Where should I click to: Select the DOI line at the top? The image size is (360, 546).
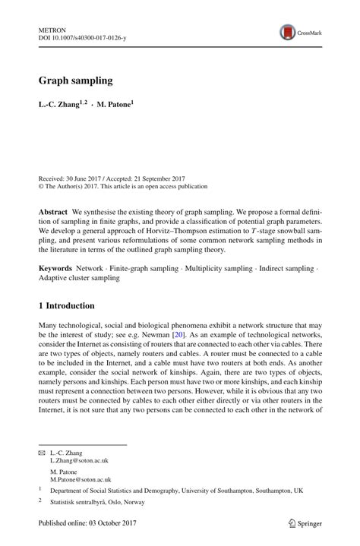point(82,36)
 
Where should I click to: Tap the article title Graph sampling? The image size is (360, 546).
point(75,80)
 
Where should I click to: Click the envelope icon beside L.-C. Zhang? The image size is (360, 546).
point(42,452)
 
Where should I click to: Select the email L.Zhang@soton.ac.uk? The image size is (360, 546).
point(79,460)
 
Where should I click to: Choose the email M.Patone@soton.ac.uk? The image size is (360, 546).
point(81,480)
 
